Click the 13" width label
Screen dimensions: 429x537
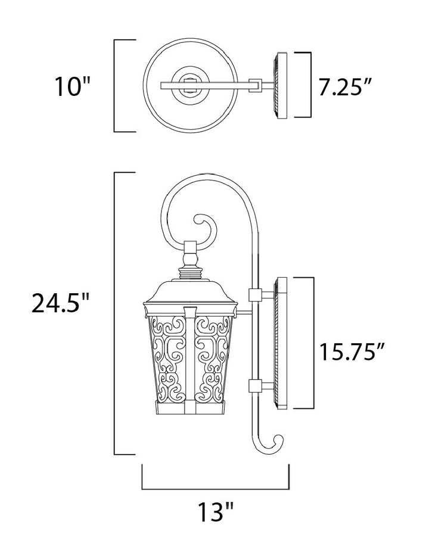(216, 511)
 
